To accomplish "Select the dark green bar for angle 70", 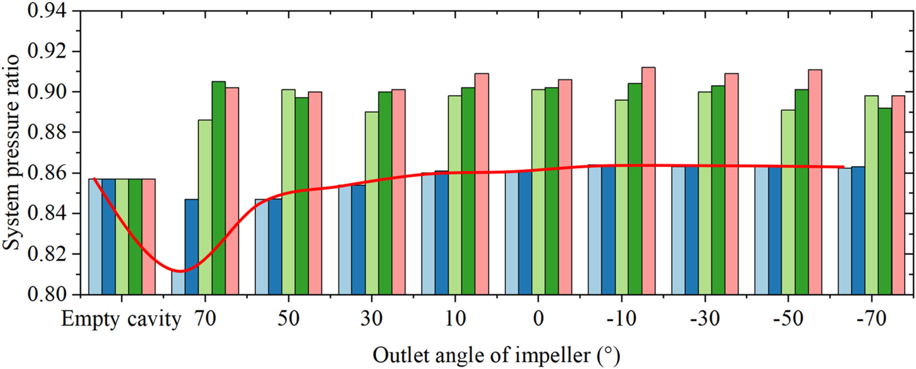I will tap(219, 188).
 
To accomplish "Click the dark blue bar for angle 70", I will tap(191, 247).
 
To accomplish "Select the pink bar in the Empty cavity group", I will tap(149, 236).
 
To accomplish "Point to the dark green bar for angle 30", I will tap(385, 193).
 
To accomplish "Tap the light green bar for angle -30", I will tap(704, 193).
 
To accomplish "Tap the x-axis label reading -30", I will tap(704, 319).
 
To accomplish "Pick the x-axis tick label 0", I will tap(538, 319).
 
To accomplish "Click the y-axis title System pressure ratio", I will tap(11, 152).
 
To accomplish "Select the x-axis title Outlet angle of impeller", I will tap(496, 355).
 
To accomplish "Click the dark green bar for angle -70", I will tap(885, 201).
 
